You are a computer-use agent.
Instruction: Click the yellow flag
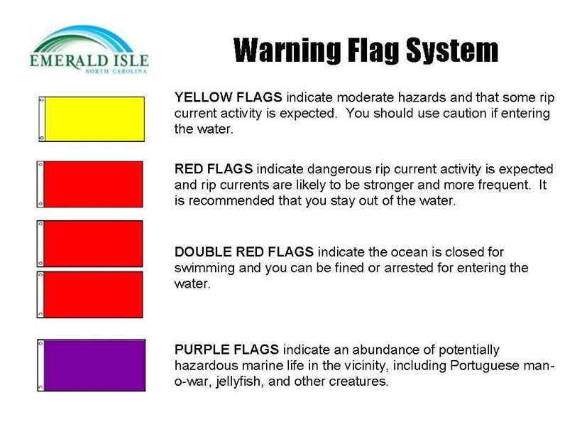(x=92, y=119)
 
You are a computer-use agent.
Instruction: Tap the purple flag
(x=92, y=364)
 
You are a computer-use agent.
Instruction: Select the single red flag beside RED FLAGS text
(x=90, y=184)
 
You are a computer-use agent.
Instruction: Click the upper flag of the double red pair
(x=90, y=243)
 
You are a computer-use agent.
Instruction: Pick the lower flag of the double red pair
(x=90, y=294)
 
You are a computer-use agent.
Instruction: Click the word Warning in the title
(x=287, y=50)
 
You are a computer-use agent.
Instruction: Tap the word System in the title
(x=452, y=50)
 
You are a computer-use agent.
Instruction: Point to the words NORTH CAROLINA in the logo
(x=116, y=71)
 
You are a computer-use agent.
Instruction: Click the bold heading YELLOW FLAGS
(x=229, y=97)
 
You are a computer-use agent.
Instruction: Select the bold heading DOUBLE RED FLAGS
(x=244, y=252)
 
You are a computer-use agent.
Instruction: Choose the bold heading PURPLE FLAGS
(x=226, y=350)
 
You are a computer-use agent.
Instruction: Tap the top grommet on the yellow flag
(x=42, y=100)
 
